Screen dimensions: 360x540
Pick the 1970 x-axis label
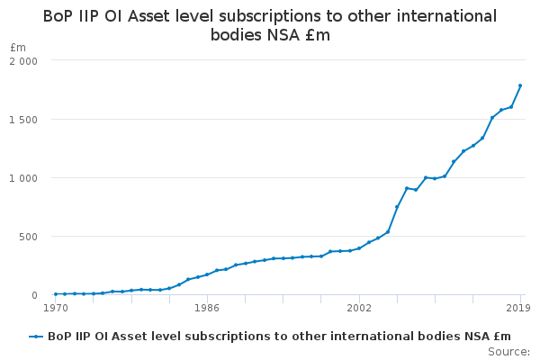click(56, 308)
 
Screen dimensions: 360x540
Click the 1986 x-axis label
click(207, 308)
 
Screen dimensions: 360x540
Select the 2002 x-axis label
click(359, 308)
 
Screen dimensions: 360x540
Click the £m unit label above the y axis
click(18, 47)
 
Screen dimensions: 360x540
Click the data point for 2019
click(520, 85)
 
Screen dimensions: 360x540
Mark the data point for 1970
click(56, 294)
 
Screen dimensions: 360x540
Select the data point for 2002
click(359, 248)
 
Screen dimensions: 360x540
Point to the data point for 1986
click(207, 274)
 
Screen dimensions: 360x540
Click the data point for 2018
click(511, 107)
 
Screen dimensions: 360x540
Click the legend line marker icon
click(36, 337)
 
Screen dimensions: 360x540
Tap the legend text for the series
click(279, 337)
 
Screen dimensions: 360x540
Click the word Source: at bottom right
click(508, 351)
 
